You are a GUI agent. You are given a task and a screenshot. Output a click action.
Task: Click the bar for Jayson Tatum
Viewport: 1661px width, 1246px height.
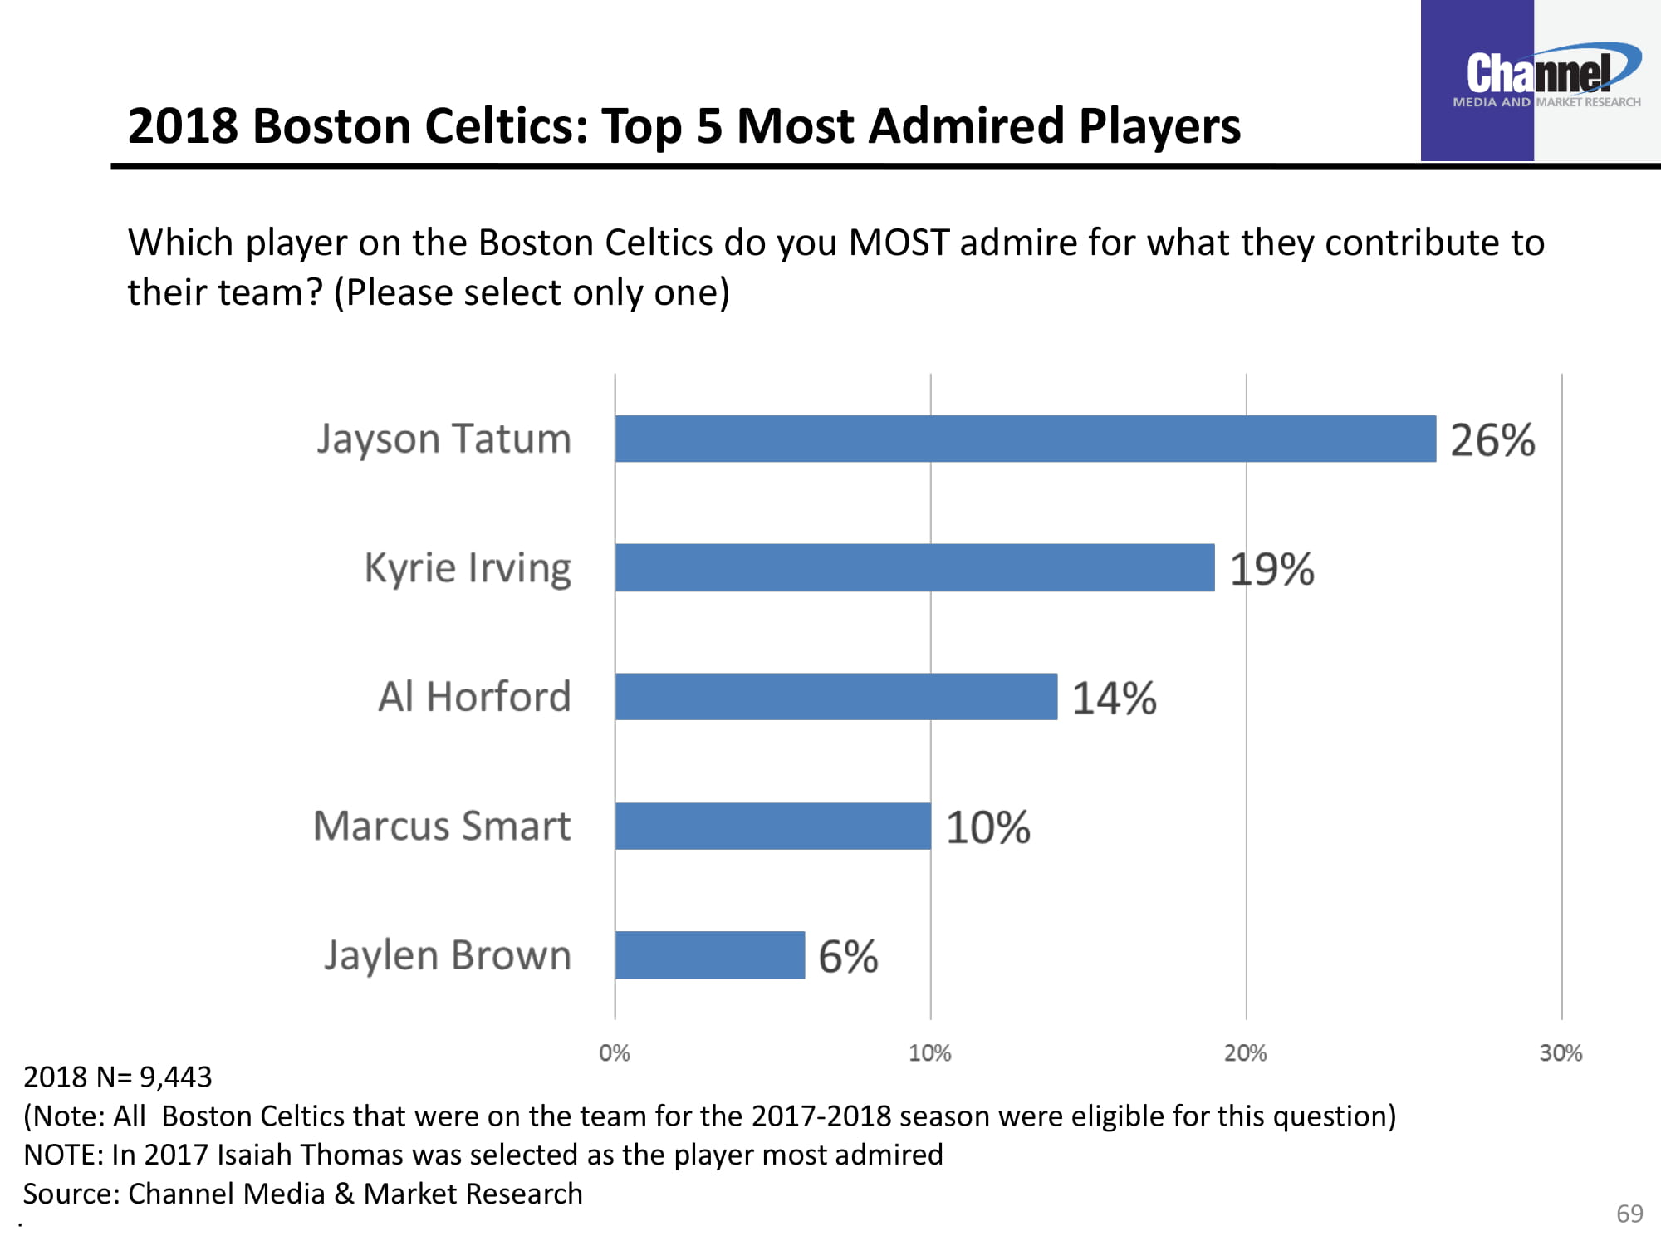coord(1025,439)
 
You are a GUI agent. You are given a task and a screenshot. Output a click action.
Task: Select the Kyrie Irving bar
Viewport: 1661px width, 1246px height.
coord(914,568)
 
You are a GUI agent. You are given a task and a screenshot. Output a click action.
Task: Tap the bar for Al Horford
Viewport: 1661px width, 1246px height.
coord(835,697)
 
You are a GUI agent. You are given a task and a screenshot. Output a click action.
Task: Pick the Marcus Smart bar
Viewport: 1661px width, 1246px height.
coord(772,826)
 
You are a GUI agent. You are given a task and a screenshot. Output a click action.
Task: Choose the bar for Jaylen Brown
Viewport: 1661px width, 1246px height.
coord(709,955)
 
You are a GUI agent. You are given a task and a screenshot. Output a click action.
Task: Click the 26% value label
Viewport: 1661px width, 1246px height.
coord(1492,440)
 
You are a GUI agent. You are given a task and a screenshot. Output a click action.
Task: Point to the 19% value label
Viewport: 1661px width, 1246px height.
coord(1271,570)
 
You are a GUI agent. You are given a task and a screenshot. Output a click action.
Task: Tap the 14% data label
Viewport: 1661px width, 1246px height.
coord(1114,699)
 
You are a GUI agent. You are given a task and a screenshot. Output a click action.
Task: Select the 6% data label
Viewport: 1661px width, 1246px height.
coord(848,957)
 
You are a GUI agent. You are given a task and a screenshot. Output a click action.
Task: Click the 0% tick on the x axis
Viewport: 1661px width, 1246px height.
coord(615,1053)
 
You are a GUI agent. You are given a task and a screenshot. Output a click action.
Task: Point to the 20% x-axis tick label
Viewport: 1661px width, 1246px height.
coord(1245,1053)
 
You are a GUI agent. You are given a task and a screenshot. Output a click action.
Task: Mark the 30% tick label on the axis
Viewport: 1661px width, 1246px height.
coord(1561,1053)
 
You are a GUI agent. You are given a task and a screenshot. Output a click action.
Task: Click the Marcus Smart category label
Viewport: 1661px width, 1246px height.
coord(442,827)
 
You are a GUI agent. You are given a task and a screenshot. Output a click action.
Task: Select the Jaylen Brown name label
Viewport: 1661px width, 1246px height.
coord(448,955)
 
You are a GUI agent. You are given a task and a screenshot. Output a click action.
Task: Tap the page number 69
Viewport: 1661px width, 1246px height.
coord(1629,1214)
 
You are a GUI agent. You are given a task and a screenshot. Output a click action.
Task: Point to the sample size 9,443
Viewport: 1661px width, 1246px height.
coord(176,1077)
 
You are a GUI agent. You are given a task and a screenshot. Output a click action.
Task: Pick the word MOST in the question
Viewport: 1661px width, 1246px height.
coord(899,243)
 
